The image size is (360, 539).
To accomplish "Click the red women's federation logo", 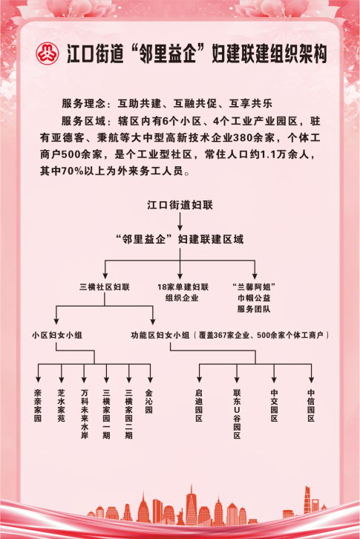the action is tap(48, 53).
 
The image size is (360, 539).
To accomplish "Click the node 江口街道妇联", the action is tap(180, 205).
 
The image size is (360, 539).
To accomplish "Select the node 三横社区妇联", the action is tap(105, 287).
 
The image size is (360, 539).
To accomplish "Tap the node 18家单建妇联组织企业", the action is tap(183, 293).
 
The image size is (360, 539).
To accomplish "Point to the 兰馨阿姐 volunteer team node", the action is tap(254, 298).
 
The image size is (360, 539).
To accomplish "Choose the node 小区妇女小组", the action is tap(57, 335).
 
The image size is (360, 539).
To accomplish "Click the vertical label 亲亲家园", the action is tap(38, 405).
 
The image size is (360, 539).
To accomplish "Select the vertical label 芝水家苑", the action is tap(61, 405).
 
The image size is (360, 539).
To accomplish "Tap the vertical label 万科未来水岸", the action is tap(84, 414).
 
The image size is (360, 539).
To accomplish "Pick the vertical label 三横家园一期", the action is tap(106, 414).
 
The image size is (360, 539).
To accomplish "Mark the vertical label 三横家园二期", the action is tap(128, 414).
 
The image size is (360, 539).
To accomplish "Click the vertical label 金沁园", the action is tap(149, 401).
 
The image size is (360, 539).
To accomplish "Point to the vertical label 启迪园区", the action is tap(199, 405).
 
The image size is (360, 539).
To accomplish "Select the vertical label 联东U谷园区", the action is tap(237, 414).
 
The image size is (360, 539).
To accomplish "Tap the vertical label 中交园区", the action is tap(274, 405).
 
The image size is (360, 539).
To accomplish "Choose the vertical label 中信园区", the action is tap(311, 405).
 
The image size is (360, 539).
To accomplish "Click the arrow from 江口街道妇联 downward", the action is tap(180, 221).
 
